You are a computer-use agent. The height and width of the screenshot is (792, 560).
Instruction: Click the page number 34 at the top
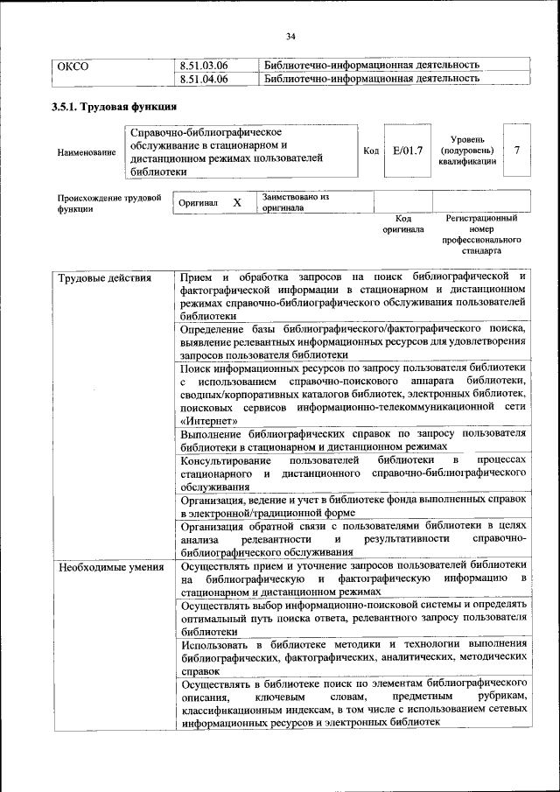(x=290, y=36)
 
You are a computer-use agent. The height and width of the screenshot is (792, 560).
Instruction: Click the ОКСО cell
(x=73, y=65)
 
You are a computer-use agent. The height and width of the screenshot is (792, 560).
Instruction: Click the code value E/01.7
(x=408, y=151)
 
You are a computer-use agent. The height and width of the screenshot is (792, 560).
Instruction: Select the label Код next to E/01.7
(x=370, y=151)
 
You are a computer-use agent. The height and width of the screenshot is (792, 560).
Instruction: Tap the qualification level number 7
(x=517, y=150)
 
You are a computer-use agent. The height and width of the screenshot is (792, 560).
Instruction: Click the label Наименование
(x=86, y=152)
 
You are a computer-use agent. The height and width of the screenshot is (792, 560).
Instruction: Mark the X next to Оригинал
(x=237, y=203)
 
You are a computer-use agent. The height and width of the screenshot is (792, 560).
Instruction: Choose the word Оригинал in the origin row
(x=199, y=203)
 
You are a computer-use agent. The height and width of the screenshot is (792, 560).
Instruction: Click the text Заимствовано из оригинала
(x=294, y=203)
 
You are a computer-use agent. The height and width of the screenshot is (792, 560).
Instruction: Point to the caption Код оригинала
(x=402, y=223)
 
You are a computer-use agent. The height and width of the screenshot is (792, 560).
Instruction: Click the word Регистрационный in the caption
(x=481, y=218)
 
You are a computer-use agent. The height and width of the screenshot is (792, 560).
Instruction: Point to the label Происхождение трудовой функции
(x=108, y=203)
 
